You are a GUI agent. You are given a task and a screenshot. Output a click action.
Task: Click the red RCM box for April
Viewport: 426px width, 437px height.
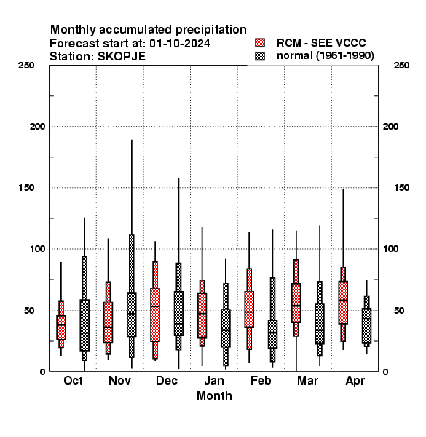(x=343, y=303)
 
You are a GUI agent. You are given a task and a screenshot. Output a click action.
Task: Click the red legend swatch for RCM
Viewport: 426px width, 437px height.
(x=260, y=43)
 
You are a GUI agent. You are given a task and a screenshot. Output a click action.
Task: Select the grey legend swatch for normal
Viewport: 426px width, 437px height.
(x=260, y=56)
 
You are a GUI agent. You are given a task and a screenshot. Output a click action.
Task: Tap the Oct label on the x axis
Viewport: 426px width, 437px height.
(x=73, y=380)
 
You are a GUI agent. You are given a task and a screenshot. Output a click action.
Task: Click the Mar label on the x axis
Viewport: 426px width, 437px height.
(x=307, y=380)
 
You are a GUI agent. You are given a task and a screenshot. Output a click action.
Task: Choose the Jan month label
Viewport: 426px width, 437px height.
(x=214, y=380)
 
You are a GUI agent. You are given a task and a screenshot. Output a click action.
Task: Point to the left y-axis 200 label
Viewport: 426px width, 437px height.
(x=37, y=127)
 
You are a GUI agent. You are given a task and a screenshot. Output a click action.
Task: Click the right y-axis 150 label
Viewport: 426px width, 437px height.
(x=401, y=188)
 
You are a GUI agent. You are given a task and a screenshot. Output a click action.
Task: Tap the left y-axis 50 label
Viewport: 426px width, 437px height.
(x=29, y=310)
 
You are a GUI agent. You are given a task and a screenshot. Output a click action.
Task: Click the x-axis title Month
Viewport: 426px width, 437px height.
(x=214, y=395)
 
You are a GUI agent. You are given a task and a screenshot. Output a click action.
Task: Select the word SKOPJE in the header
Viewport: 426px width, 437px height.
(x=122, y=57)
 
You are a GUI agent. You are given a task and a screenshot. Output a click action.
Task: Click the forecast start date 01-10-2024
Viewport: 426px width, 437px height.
(x=180, y=44)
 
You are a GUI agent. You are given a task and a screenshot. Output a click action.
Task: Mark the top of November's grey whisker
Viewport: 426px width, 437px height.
(x=132, y=140)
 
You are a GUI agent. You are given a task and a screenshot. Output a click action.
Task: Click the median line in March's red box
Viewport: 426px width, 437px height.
(x=296, y=305)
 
